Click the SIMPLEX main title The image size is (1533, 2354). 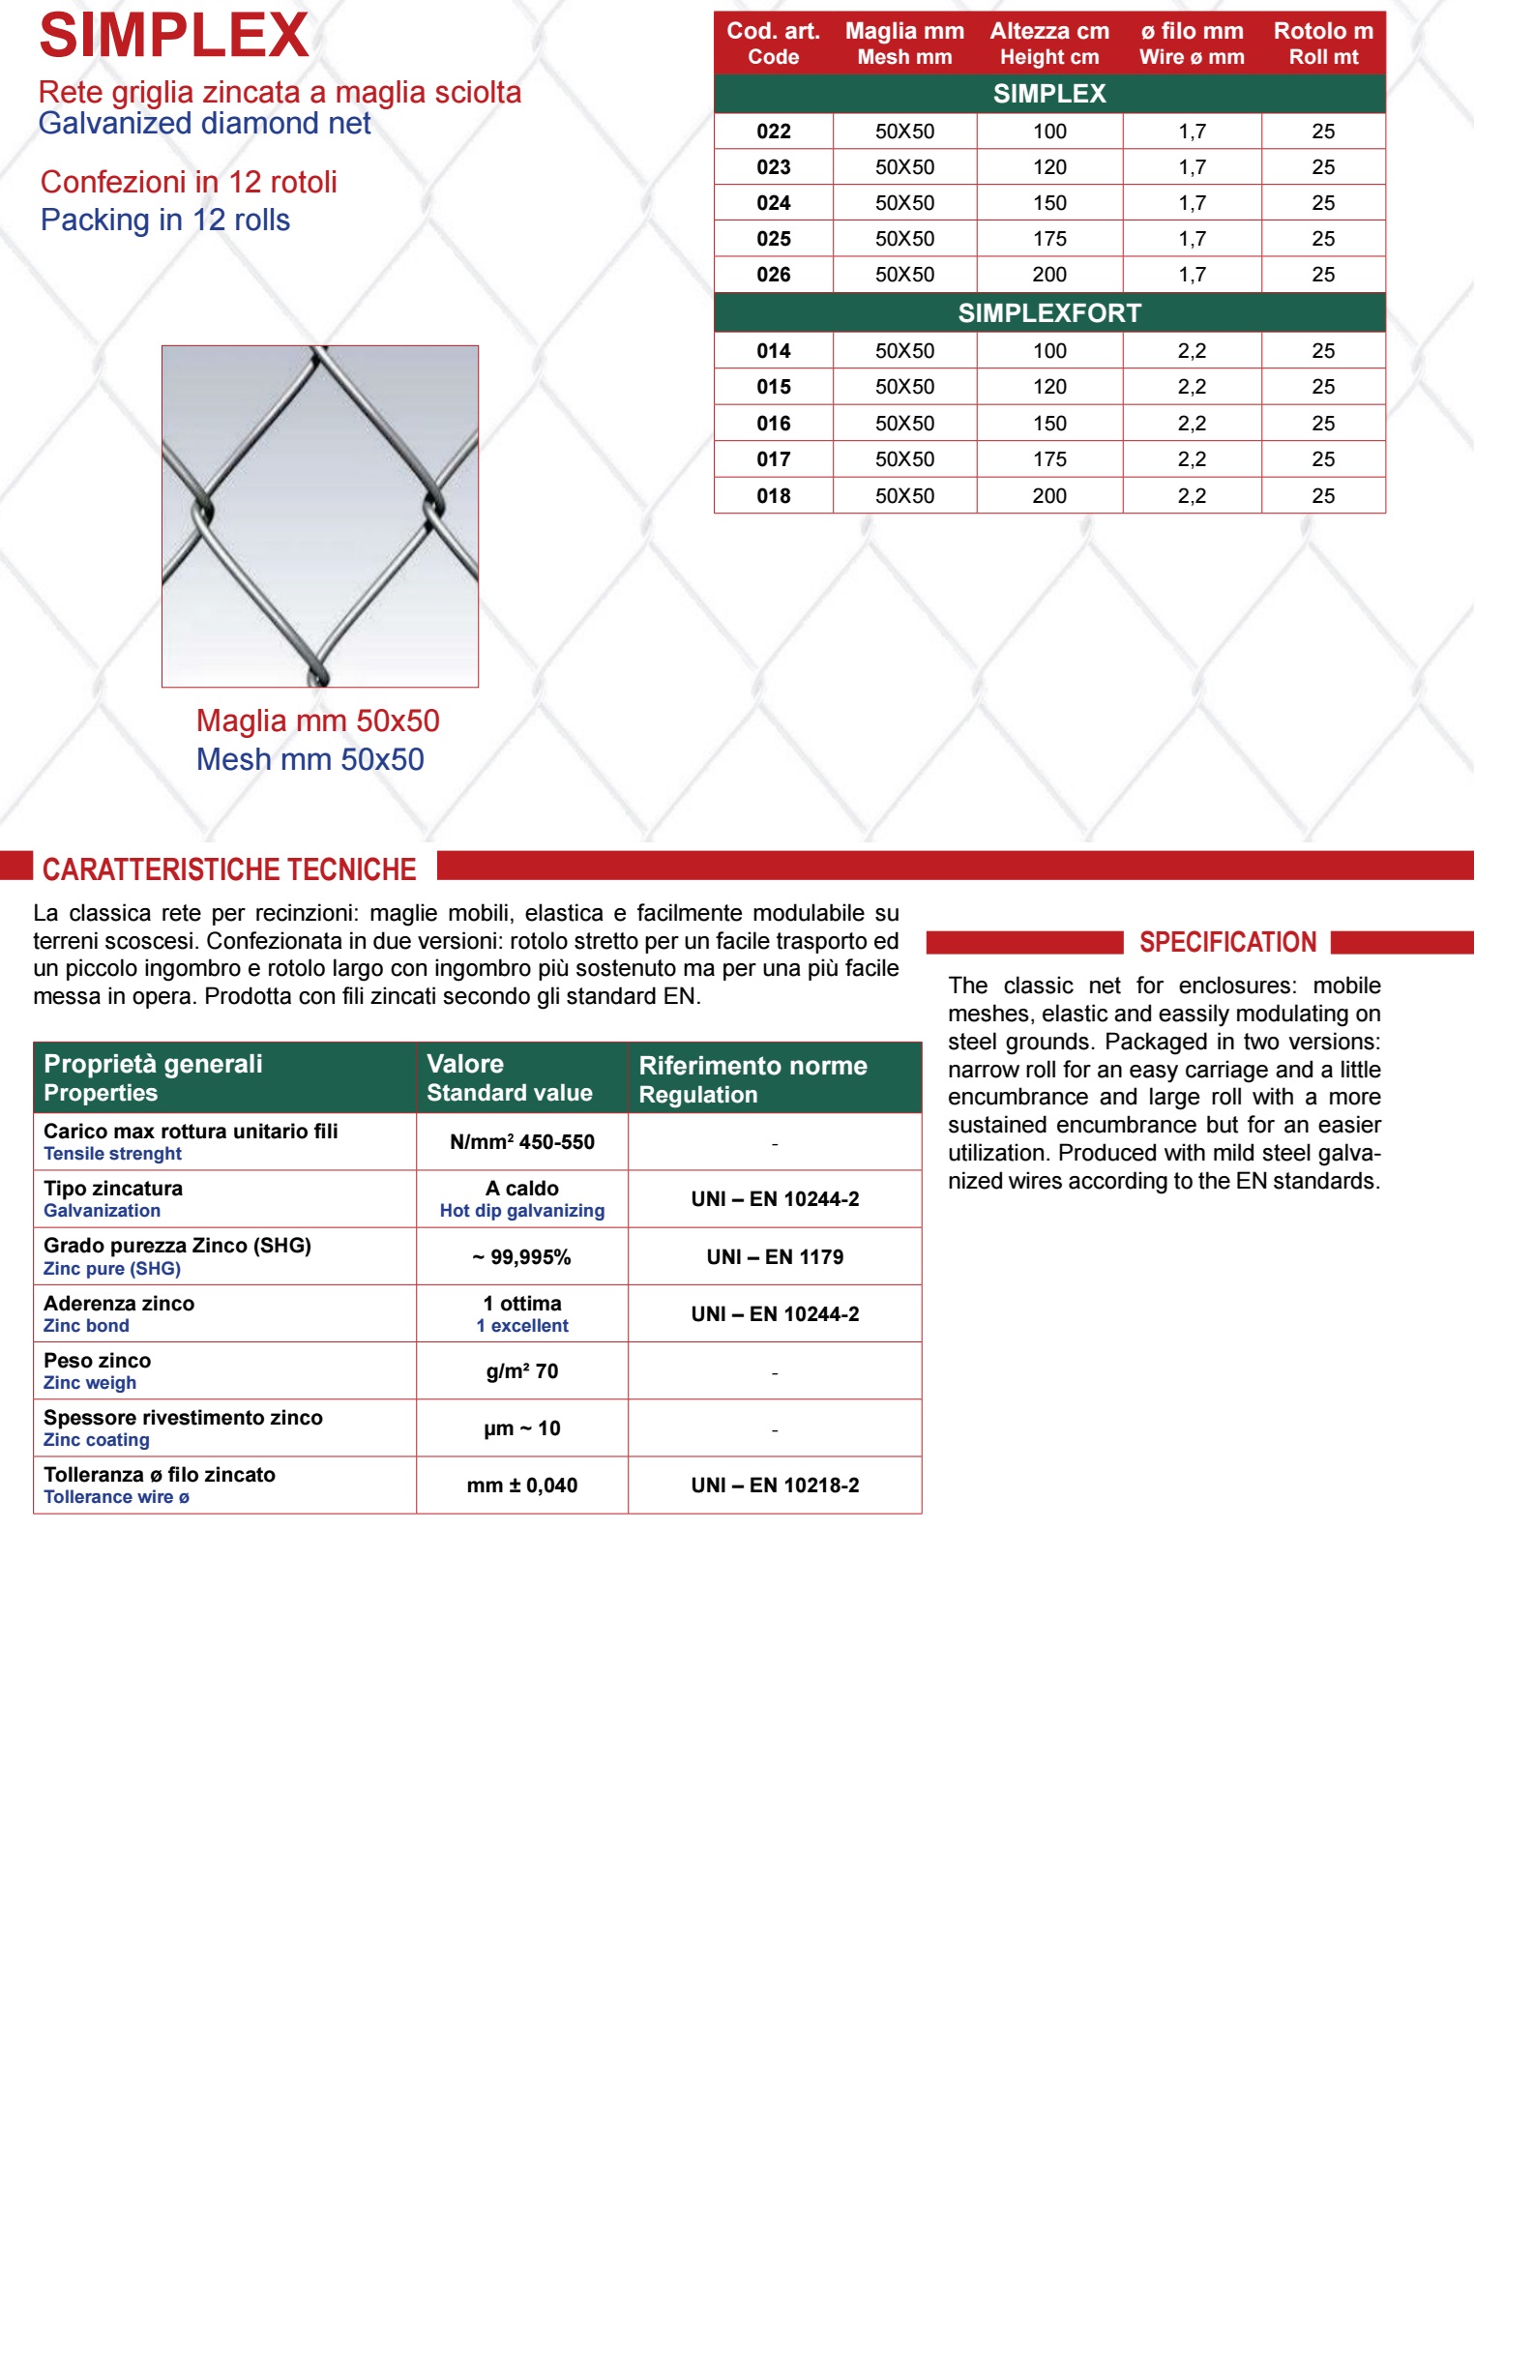click(173, 36)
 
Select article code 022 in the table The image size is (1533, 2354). click(773, 132)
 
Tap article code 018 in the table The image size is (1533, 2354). click(773, 495)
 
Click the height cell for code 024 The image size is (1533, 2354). click(1048, 203)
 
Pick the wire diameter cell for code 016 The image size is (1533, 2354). click(1191, 424)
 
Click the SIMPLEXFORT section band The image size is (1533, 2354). click(1048, 312)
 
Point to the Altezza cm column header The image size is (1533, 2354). click(1048, 44)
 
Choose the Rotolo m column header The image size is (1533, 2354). click(1322, 44)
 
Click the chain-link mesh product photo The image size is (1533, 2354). click(319, 515)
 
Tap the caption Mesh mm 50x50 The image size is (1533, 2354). click(310, 758)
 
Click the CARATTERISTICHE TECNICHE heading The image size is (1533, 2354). click(228, 868)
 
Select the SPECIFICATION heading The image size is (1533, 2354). click(1226, 942)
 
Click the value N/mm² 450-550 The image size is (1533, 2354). click(521, 1141)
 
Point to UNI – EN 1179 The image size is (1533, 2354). click(775, 1256)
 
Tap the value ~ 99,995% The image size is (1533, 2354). click(521, 1256)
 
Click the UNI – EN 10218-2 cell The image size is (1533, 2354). click(775, 1485)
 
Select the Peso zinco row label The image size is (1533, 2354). click(97, 1360)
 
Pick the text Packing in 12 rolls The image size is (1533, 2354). click(165, 220)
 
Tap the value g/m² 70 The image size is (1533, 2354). click(521, 1370)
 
